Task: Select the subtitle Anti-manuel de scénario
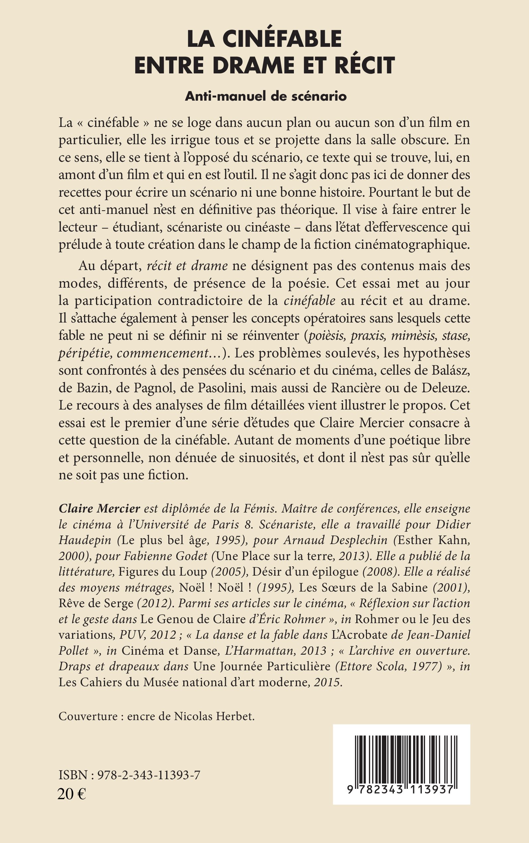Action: click(x=266, y=96)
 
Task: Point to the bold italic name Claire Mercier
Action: click(x=99, y=509)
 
